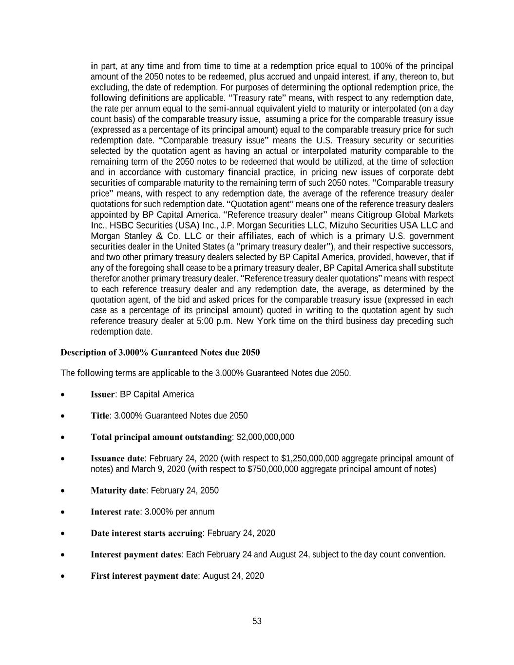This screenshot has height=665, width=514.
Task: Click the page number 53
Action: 257,621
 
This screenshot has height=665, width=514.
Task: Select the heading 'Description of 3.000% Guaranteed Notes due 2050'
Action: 160,352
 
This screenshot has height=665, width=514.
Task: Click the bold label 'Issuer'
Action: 103,394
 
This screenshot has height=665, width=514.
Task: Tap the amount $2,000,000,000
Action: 265,437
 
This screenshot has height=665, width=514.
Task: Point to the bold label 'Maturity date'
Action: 118,490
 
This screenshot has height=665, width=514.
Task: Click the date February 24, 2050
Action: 185,490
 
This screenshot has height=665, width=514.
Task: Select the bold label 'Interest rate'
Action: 115,512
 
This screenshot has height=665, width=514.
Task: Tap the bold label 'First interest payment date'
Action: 144,576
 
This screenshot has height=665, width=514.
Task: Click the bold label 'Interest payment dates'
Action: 136,554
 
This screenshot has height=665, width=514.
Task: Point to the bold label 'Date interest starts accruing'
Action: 146,533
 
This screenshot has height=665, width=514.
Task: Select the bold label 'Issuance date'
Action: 117,458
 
